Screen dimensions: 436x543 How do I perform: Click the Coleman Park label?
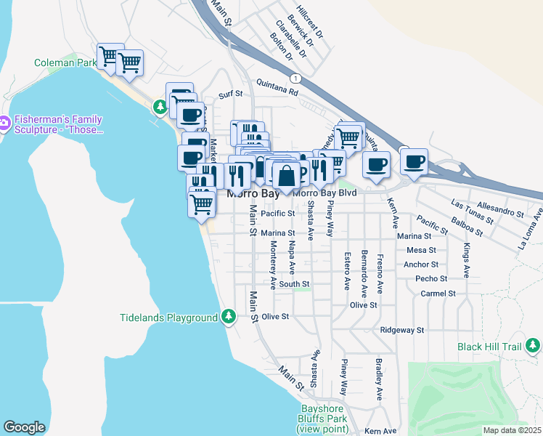pos(65,63)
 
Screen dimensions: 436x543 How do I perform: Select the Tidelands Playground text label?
pos(168,318)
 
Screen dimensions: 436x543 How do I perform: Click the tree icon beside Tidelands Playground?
pos(229,316)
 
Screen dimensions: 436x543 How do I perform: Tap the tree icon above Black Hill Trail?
pos(532,343)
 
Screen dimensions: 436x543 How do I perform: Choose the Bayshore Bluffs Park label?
pos(323,419)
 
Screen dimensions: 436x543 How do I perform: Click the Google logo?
pos(24,427)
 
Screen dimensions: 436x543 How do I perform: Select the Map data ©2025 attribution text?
pos(513,430)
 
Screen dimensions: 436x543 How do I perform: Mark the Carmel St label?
pos(438,294)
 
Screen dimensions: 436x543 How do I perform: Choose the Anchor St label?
pos(421,265)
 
